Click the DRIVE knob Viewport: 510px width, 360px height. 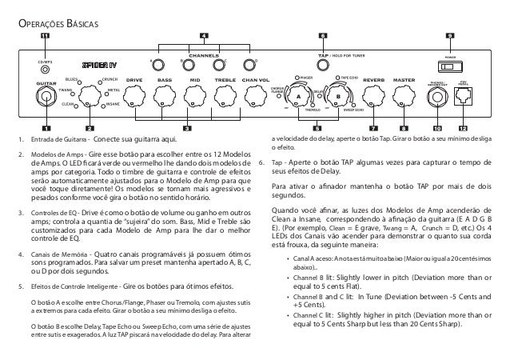[133, 96]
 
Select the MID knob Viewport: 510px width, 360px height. [193, 96]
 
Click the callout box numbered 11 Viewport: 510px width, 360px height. [45, 36]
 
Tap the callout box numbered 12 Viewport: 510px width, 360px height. [463, 127]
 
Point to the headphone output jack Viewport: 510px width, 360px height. [436, 98]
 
